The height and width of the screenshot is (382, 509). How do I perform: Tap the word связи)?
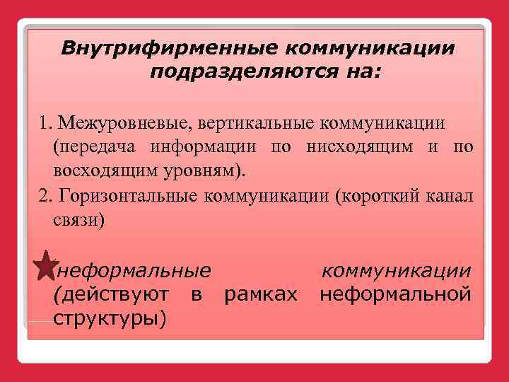click(78, 220)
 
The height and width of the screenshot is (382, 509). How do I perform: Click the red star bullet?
click(44, 265)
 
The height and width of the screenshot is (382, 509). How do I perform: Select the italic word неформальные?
click(134, 270)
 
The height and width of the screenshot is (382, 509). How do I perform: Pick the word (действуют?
click(111, 294)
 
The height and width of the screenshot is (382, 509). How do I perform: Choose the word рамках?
click(260, 294)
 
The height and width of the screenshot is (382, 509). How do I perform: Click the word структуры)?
click(110, 317)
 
